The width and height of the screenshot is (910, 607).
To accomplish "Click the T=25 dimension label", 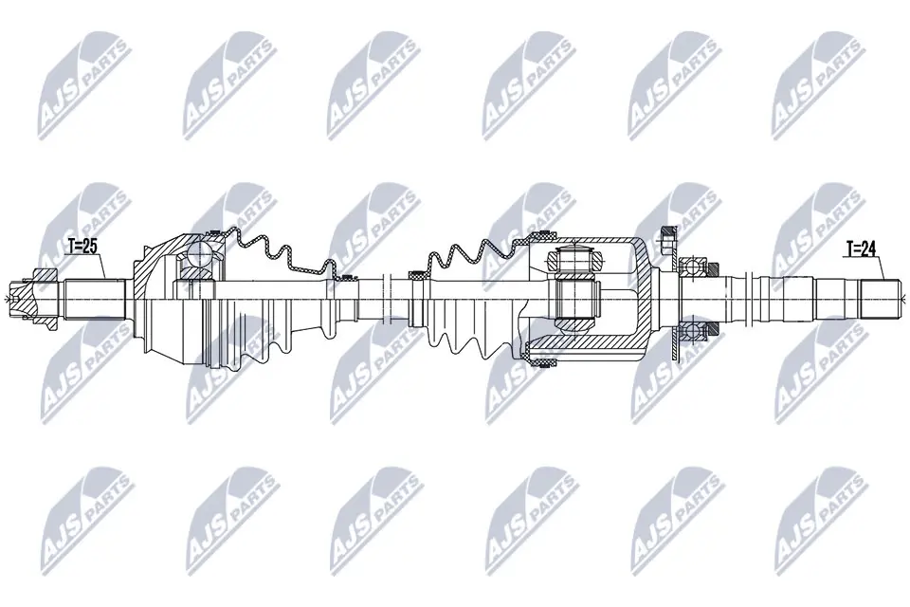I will pos(82,247).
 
